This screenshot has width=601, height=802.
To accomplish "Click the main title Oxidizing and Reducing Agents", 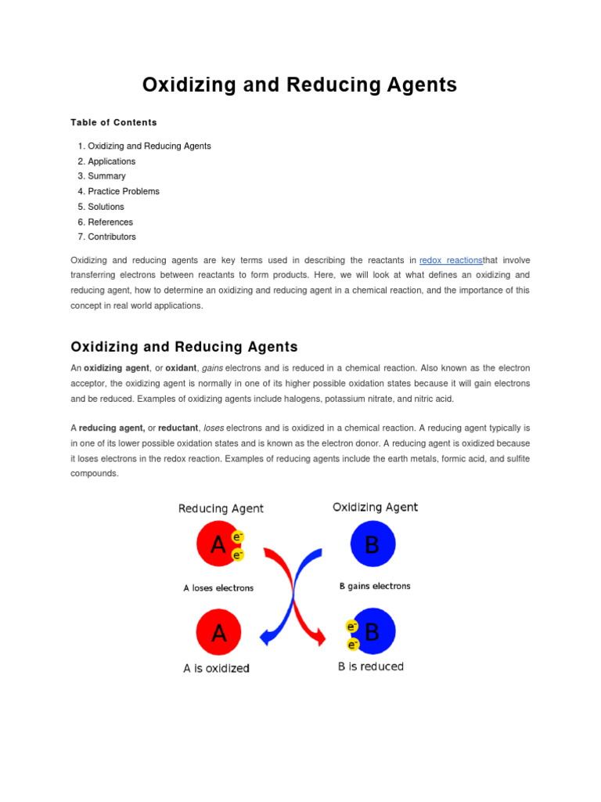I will [x=300, y=85].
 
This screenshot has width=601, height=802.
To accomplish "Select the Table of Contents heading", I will [x=113, y=122].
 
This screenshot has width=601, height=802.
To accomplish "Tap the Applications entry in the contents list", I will [x=111, y=161].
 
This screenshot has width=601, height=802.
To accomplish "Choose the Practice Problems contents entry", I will [x=123, y=191].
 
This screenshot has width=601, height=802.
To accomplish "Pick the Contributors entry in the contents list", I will [x=111, y=237].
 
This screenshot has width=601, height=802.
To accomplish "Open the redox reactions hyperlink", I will [x=451, y=260].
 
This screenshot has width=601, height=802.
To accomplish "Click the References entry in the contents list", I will [x=110, y=222].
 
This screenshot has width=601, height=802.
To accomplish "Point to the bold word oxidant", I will [x=180, y=368].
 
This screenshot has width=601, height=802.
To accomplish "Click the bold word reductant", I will [x=177, y=428].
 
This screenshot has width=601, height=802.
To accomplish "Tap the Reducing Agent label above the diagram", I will [x=221, y=508].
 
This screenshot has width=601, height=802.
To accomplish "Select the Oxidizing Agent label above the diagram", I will [x=375, y=507].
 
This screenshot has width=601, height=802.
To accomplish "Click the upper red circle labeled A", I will [x=217, y=544].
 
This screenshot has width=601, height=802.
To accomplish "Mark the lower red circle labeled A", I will [x=218, y=632].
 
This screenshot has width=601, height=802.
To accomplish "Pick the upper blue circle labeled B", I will [x=372, y=544].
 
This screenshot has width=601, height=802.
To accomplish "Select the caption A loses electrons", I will [x=218, y=587].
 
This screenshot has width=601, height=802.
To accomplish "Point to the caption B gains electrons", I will [x=374, y=586].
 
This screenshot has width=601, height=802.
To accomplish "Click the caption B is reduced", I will [x=371, y=667].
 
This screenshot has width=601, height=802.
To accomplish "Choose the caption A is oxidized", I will [x=216, y=668].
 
